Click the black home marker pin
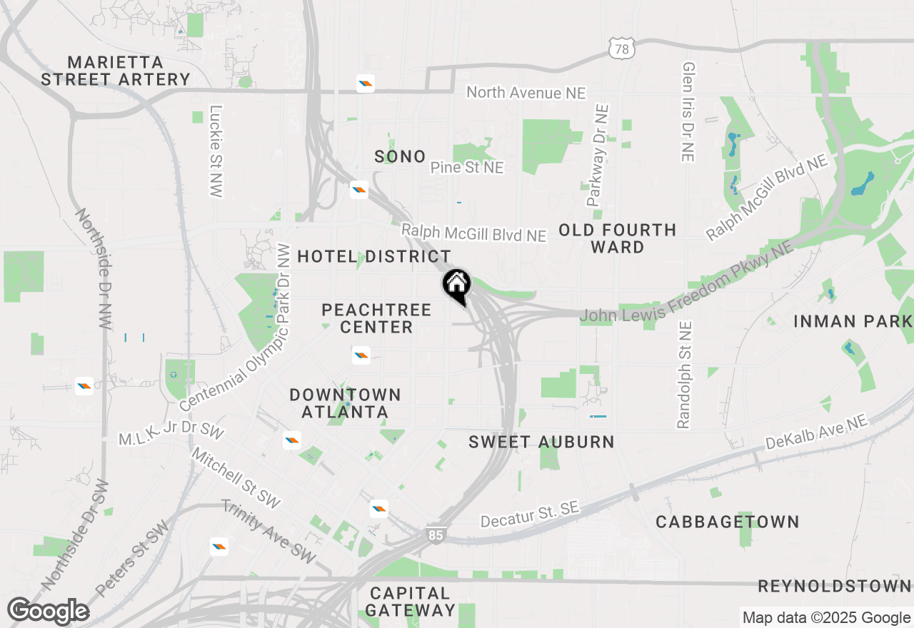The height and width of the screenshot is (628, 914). click(457, 285)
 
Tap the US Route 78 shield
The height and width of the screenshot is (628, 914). click(621, 49)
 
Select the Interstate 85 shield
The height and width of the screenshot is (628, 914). click(435, 535)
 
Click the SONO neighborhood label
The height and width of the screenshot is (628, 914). click(400, 156)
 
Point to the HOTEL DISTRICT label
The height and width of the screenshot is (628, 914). click(374, 256)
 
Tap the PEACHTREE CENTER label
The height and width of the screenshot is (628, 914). click(376, 318)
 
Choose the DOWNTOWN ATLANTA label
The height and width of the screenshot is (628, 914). click(345, 403)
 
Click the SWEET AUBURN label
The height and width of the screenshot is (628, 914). click(541, 442)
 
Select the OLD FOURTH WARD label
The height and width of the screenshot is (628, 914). click(618, 238)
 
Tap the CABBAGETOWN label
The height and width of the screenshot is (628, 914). click(728, 522)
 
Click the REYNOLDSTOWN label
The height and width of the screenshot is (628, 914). click(834, 587)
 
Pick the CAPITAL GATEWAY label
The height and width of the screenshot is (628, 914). click(411, 602)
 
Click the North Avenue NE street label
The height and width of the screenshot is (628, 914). click(526, 93)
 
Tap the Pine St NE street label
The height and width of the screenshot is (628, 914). click(467, 168)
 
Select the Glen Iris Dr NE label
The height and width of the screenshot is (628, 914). click(688, 111)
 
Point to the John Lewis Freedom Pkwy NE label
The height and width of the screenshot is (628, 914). click(686, 280)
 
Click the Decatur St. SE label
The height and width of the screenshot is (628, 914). click(529, 515)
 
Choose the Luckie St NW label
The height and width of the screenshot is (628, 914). click(216, 151)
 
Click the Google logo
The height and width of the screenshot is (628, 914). click(49, 612)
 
